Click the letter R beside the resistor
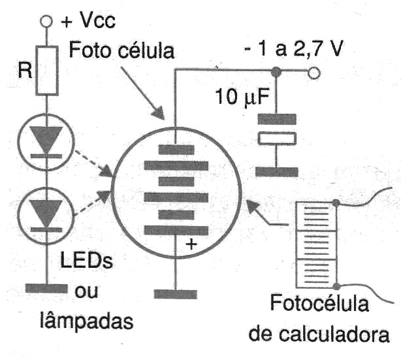[x=25, y=71]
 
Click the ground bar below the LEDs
[x=48, y=287]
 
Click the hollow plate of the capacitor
[x=277, y=139]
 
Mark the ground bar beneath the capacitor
[x=277, y=171]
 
